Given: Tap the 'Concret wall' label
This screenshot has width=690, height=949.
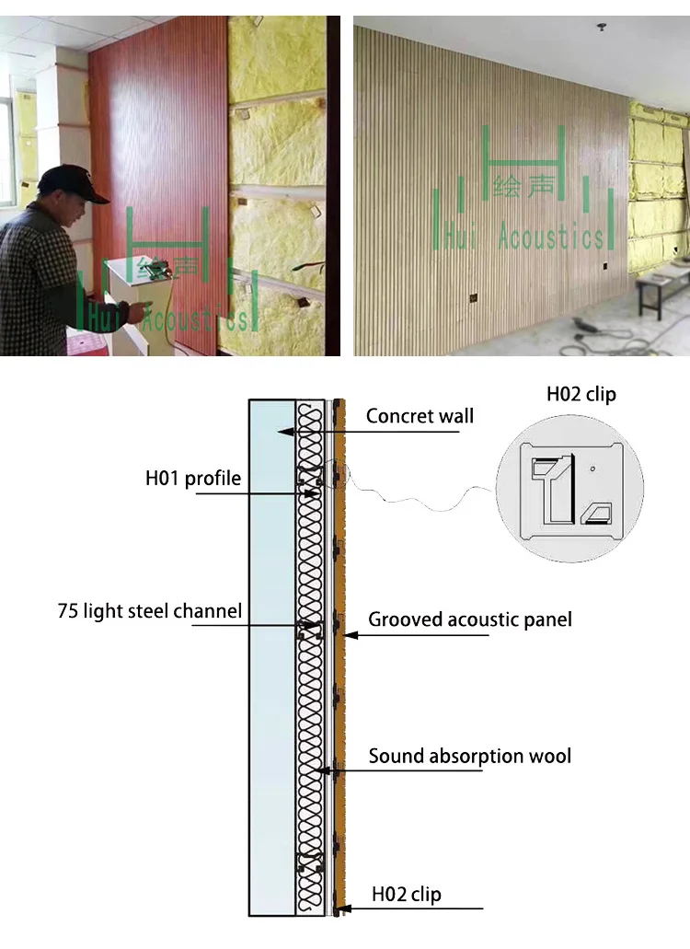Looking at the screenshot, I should coord(420,415).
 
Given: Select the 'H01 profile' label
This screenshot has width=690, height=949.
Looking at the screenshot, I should coord(193,478).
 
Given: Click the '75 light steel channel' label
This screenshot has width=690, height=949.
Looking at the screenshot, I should coord(150,610).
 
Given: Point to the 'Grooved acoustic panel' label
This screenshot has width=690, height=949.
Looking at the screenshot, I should coord(470,619).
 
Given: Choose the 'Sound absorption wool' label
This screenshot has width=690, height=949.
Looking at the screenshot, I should coord(470,757).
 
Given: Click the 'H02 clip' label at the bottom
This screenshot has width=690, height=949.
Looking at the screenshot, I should coord(406,894).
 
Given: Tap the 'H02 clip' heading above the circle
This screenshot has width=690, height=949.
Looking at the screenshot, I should coord(581,394).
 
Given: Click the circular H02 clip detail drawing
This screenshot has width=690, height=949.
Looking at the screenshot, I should coord(569,488).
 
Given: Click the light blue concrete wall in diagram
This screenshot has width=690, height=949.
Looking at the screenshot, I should coord(271,644).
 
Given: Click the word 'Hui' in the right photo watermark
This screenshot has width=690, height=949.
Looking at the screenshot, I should coord(457,237).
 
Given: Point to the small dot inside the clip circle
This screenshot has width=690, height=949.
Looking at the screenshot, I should coord(593,469).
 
